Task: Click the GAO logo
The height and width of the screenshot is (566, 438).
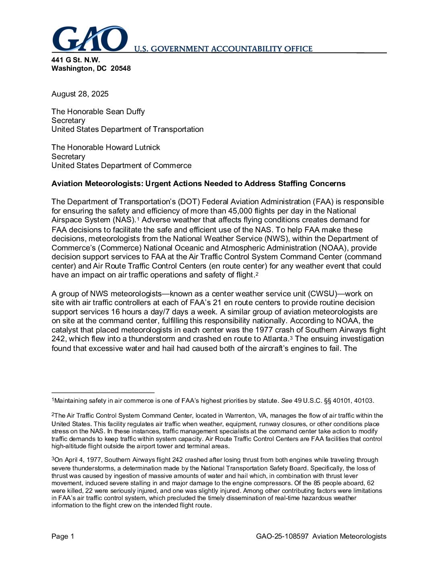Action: click(x=89, y=39)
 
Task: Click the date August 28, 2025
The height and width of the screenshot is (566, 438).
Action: click(x=80, y=94)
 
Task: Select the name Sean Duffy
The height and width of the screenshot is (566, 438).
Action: click(x=125, y=112)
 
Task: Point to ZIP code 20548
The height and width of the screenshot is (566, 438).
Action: click(x=120, y=68)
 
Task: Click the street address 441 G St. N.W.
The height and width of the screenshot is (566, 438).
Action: click(x=75, y=60)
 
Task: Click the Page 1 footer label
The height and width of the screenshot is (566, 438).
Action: click(x=63, y=536)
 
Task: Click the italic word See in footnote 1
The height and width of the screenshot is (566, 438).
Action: click(x=286, y=401)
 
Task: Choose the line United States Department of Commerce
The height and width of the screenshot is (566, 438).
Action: click(x=121, y=166)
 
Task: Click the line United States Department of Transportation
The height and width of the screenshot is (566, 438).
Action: click(x=127, y=129)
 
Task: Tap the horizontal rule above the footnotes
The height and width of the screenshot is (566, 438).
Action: click(x=103, y=392)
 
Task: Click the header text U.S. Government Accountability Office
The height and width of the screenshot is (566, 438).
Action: click(x=223, y=49)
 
